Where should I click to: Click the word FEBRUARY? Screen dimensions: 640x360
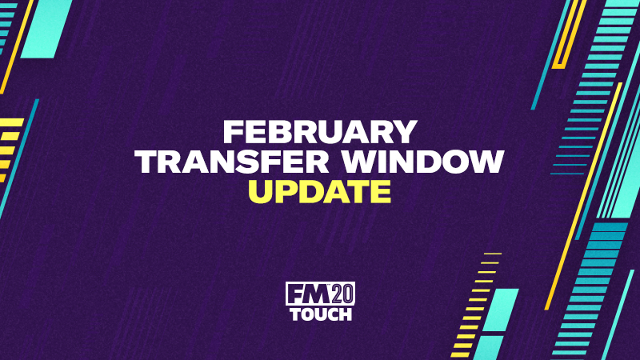click(x=319, y=132)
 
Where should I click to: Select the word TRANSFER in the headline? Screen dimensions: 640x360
click(x=232, y=162)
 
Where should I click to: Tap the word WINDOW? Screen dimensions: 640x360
click(x=423, y=162)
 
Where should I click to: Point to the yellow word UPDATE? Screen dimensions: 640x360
click(x=319, y=191)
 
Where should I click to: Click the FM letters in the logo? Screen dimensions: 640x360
click(x=309, y=294)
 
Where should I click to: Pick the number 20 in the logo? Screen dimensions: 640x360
click(x=342, y=294)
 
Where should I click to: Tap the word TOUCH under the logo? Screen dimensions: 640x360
click(x=321, y=314)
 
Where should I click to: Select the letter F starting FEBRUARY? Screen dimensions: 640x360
click(x=233, y=132)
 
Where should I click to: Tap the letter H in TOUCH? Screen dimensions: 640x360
click(x=346, y=314)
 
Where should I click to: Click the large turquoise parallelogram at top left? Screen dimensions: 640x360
click(x=46, y=29)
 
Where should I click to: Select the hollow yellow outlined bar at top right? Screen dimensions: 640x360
click(x=569, y=34)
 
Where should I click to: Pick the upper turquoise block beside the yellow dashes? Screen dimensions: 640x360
click(x=501, y=310)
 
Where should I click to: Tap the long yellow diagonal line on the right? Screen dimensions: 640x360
click(x=584, y=196)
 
